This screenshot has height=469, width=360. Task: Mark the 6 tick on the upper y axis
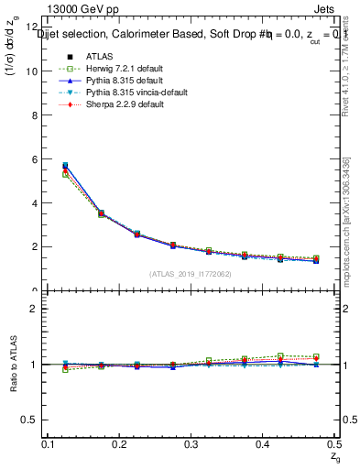click(34, 159)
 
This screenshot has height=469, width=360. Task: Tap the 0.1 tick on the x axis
click(49, 443)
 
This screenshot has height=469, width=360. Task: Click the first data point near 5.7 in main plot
click(64, 166)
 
